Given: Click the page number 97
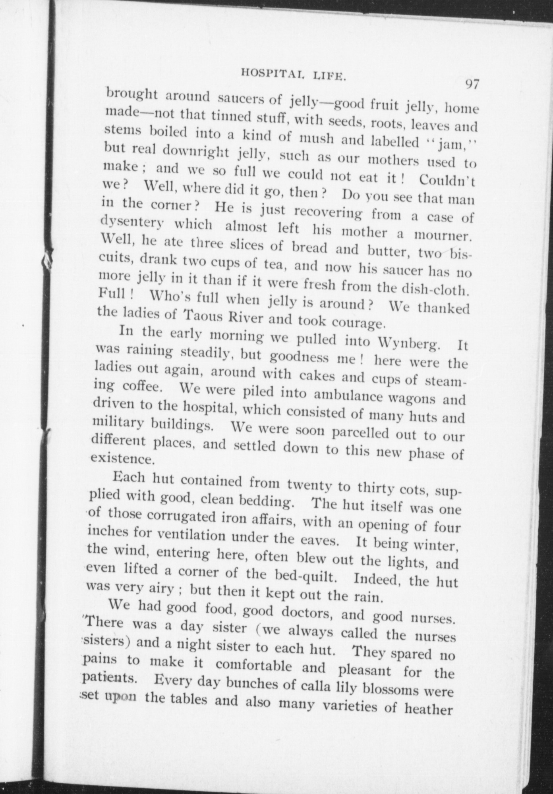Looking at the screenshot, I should (x=471, y=85).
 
